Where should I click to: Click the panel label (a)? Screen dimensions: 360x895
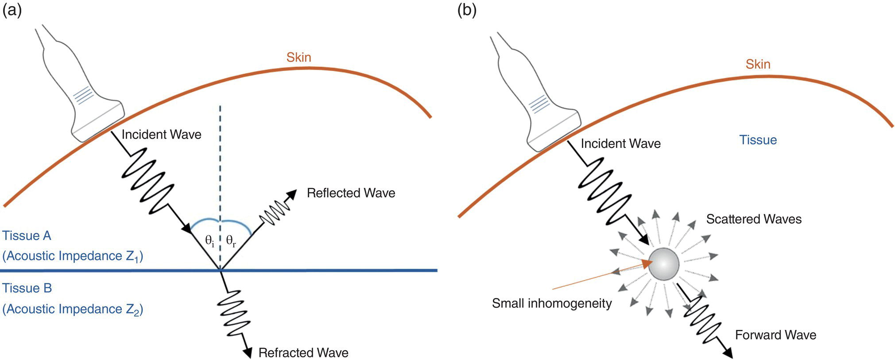pyautogui.click(x=12, y=10)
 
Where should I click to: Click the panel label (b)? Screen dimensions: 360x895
pyautogui.click(x=467, y=10)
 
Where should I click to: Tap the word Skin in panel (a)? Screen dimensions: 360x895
pyautogui.click(x=298, y=57)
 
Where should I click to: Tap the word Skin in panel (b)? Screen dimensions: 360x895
pyautogui.click(x=758, y=64)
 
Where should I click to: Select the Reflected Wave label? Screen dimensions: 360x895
pyautogui.click(x=351, y=193)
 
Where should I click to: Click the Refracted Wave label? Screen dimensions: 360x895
pyautogui.click(x=303, y=352)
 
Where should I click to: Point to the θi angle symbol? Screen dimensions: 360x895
pyautogui.click(x=209, y=241)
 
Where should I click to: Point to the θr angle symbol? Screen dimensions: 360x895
pyautogui.click(x=231, y=241)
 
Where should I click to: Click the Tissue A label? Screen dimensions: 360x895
pyautogui.click(x=27, y=236)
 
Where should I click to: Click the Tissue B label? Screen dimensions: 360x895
pyautogui.click(x=27, y=288)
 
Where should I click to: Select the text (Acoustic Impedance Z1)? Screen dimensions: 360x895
pyautogui.click(x=73, y=256)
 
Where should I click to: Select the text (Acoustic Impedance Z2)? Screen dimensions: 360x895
pyautogui.click(x=73, y=309)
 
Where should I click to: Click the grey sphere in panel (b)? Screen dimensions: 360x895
pyautogui.click(x=663, y=264)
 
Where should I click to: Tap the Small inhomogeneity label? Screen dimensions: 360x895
pyautogui.click(x=552, y=303)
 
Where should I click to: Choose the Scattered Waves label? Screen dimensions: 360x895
pyautogui.click(x=754, y=219)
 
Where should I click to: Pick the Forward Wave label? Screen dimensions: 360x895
pyautogui.click(x=775, y=335)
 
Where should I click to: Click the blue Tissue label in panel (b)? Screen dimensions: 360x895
pyautogui.click(x=758, y=140)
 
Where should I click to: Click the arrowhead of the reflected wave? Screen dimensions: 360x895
pyautogui.click(x=292, y=194)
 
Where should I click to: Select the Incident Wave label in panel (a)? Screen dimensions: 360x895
pyautogui.click(x=161, y=135)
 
